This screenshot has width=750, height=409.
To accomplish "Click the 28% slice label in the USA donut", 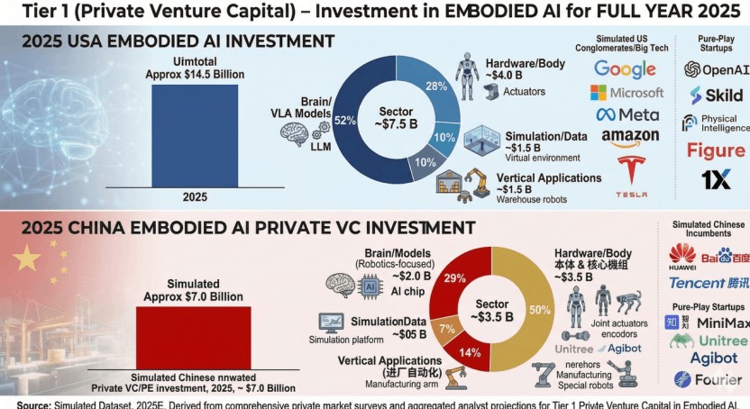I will [436, 86].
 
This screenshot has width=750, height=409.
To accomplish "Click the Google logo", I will [624, 69].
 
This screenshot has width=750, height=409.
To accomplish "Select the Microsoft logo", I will [624, 93].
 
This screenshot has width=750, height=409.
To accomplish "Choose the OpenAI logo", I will [716, 69].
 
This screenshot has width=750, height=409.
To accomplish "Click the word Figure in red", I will [716, 150].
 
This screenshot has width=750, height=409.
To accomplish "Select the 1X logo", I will [716, 179].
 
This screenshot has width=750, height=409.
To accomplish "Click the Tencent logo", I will [709, 283].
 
